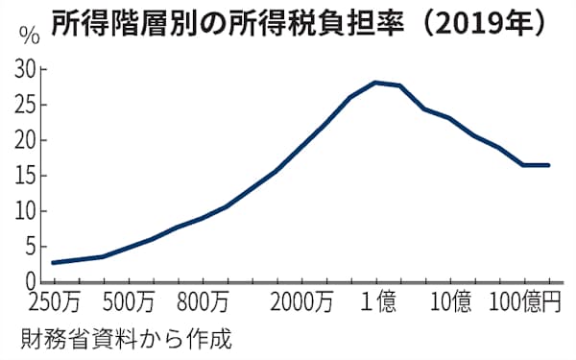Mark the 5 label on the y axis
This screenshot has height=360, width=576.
pyautogui.click(x=30, y=247)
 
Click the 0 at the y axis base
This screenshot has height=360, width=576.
pyautogui.click(x=30, y=281)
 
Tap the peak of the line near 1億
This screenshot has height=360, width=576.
pyautogui.click(x=375, y=83)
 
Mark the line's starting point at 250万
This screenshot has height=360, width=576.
pyautogui.click(x=53, y=262)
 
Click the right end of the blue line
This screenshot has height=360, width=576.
pyautogui.click(x=549, y=165)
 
